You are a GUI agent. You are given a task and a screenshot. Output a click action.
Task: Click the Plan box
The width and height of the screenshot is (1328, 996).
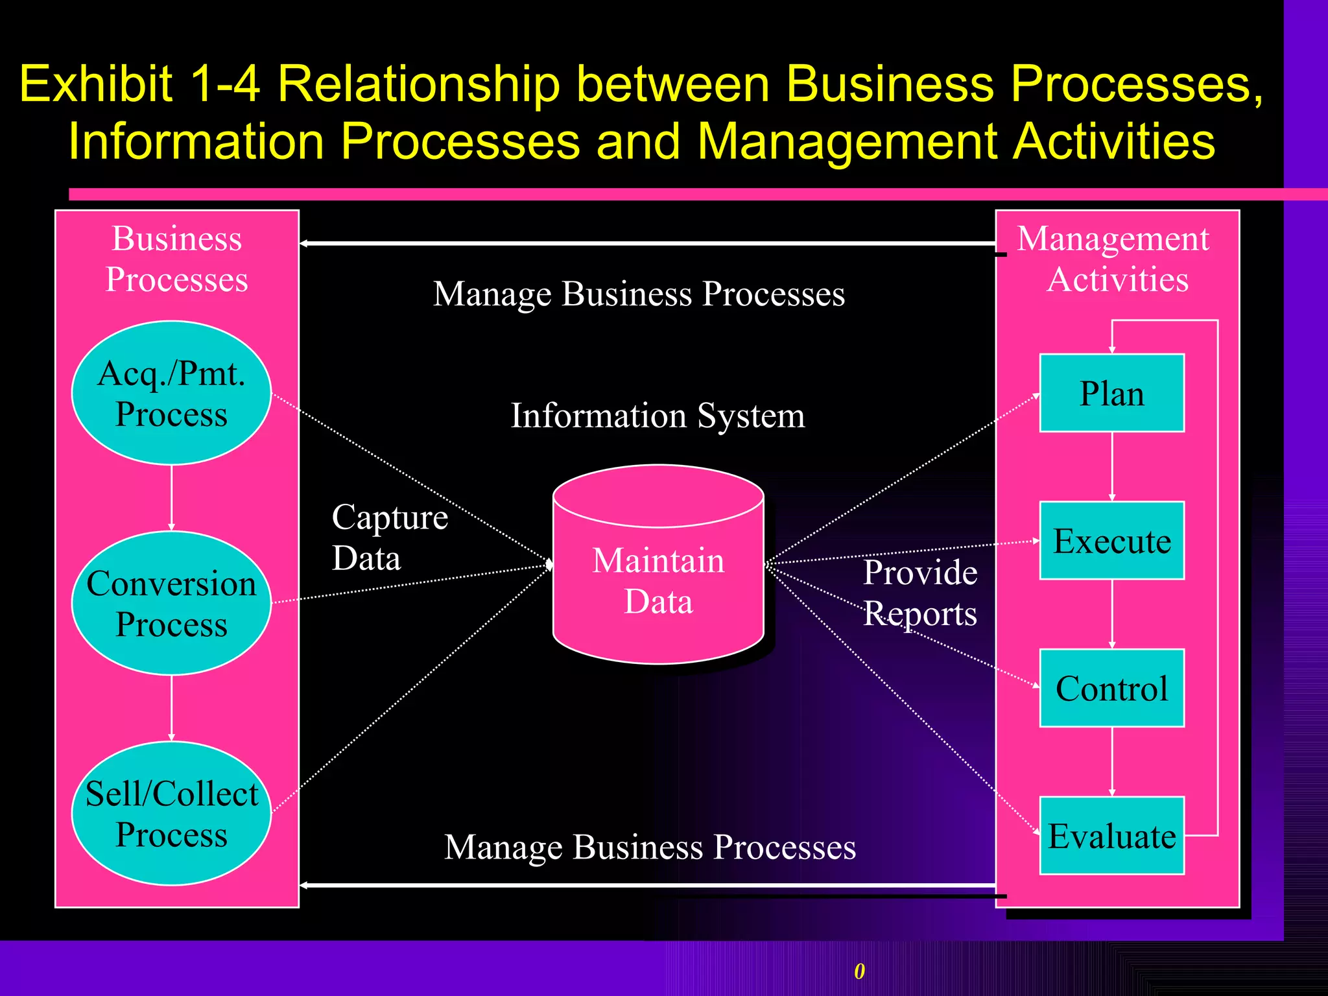(1111, 393)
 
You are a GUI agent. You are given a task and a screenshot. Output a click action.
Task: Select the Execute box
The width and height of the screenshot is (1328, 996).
(1111, 541)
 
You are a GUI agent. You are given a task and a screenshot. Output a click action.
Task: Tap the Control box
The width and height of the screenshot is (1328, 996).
(1111, 688)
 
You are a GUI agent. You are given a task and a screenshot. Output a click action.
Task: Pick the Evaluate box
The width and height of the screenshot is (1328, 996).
(1111, 836)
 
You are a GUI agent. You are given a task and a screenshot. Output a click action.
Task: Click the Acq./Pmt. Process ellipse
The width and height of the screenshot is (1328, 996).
(171, 393)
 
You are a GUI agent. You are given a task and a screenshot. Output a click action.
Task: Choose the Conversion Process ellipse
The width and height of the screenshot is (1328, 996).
(171, 603)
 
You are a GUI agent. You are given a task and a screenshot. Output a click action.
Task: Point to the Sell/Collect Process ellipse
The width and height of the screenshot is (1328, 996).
(171, 813)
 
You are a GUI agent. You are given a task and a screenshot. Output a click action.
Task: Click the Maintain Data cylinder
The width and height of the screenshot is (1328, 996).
(658, 580)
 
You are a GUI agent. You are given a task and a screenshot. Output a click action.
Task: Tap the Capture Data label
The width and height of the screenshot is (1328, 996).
(389, 538)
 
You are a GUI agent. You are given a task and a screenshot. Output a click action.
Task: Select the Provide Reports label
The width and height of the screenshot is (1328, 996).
(919, 593)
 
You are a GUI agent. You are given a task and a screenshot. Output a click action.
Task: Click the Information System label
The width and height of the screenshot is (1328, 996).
(658, 415)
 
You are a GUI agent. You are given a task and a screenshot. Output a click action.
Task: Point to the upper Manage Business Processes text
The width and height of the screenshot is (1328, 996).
(639, 294)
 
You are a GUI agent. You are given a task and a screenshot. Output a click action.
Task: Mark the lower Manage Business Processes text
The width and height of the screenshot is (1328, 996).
(650, 847)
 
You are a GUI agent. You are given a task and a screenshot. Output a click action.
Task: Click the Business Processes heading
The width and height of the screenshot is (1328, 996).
(176, 259)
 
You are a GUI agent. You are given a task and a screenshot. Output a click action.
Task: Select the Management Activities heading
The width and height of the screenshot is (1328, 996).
(1113, 259)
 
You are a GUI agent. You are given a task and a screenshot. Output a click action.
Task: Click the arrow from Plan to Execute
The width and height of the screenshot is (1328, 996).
(1112, 466)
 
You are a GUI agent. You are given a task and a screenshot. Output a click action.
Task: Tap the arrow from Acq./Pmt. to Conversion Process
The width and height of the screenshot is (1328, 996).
(171, 497)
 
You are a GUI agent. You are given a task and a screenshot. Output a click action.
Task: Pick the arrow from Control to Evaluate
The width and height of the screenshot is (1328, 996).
(1112, 761)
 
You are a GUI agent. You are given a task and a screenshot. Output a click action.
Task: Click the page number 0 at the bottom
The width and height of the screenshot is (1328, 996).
(859, 971)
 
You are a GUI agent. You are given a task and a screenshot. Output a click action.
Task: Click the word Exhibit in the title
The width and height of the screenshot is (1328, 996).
(96, 84)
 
